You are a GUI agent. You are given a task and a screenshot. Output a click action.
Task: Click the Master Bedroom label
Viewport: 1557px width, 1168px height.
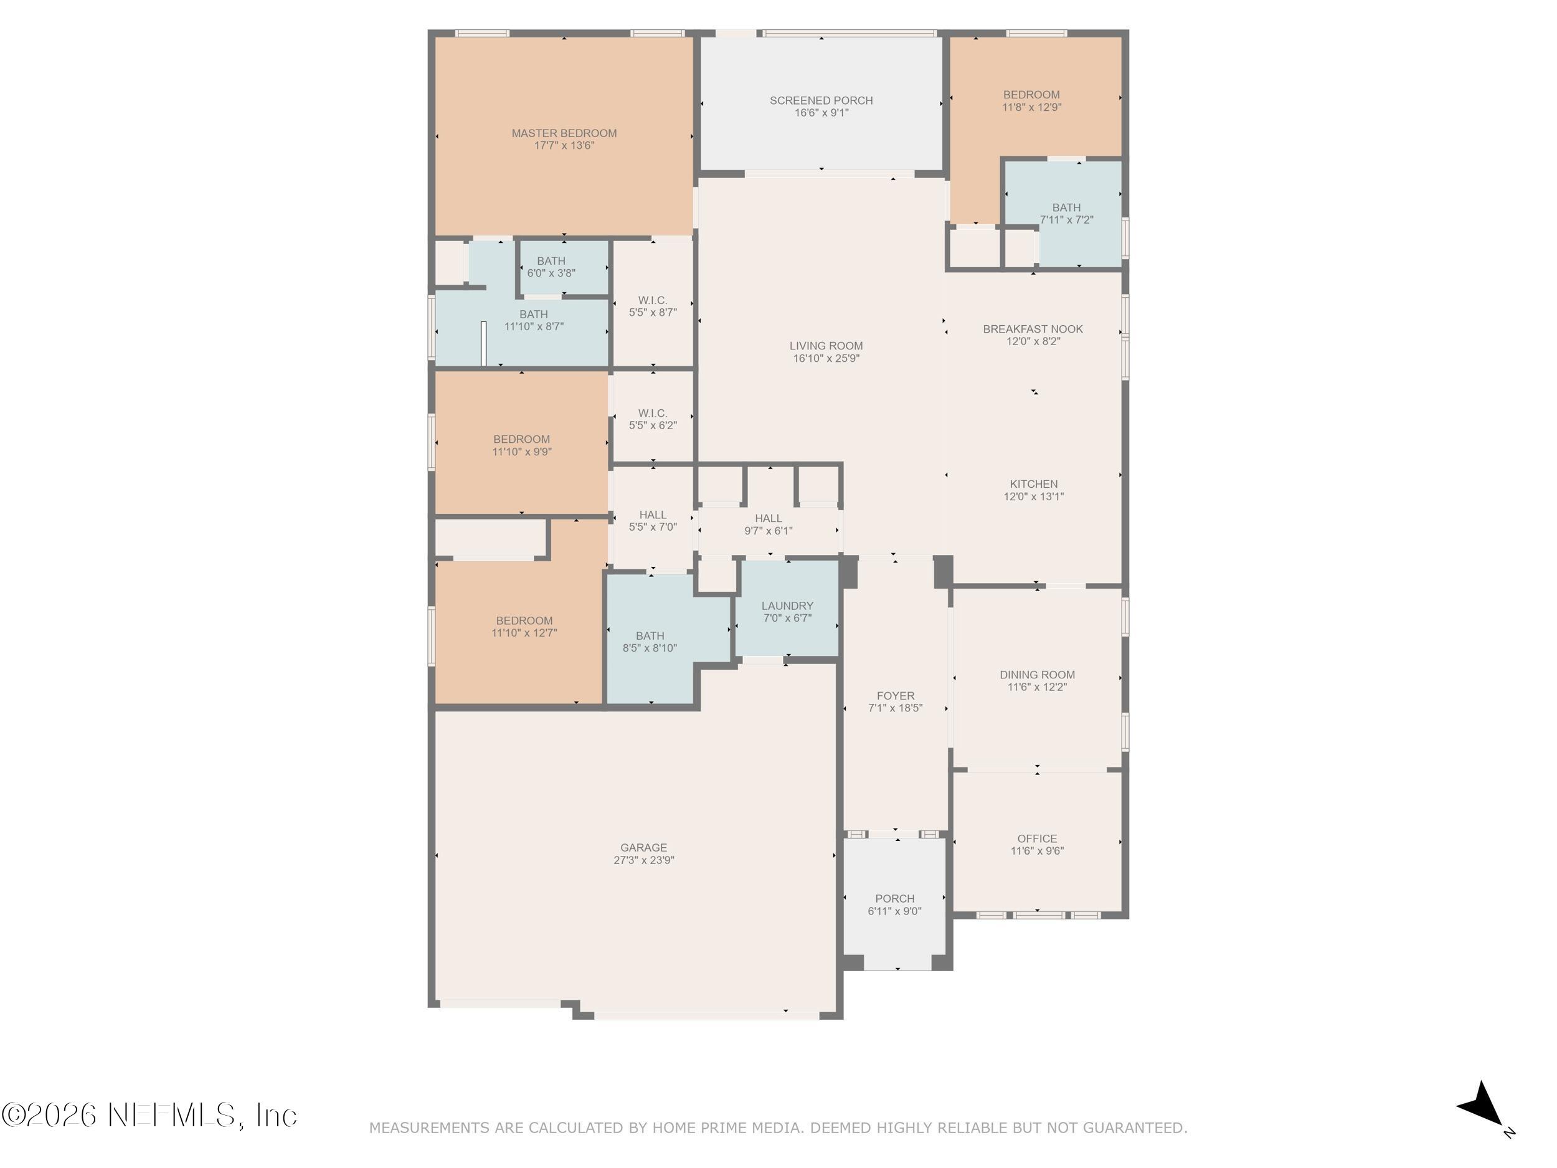564,133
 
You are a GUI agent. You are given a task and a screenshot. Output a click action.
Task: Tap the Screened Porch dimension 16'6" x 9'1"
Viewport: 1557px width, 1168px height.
821,113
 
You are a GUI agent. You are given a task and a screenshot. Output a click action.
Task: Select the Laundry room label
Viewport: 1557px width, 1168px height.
787,605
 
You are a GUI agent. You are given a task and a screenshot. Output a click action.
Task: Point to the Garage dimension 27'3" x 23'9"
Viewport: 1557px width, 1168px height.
643,860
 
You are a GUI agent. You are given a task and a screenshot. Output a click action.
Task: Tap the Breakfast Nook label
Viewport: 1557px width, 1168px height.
1033,329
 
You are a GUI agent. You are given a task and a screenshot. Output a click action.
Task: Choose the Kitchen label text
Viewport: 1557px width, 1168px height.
1033,483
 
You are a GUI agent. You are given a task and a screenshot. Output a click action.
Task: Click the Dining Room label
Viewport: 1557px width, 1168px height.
1037,675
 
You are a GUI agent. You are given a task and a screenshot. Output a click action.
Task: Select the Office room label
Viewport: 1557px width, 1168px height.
1037,838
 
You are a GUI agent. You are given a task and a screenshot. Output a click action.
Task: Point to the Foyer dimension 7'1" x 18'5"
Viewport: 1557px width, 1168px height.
896,708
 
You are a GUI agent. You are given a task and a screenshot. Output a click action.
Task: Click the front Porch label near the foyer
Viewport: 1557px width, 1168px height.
894,898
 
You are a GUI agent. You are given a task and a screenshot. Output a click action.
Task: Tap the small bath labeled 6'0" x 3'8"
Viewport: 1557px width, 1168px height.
551,267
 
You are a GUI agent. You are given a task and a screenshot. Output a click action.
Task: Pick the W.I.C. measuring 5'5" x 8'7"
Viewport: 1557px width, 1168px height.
653,306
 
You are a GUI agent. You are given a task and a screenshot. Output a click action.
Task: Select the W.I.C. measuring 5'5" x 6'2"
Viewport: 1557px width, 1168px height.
653,419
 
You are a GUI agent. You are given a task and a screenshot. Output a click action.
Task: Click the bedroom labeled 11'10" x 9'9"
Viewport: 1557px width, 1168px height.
521,445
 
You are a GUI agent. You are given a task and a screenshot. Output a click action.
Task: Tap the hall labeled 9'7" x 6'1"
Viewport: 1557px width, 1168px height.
768,525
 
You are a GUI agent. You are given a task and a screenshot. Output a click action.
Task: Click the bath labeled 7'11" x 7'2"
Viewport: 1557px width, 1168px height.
1066,213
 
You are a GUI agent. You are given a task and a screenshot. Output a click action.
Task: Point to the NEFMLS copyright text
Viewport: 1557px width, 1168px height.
149,1115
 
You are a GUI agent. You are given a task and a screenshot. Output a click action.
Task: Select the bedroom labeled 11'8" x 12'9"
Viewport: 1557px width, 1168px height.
1031,101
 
